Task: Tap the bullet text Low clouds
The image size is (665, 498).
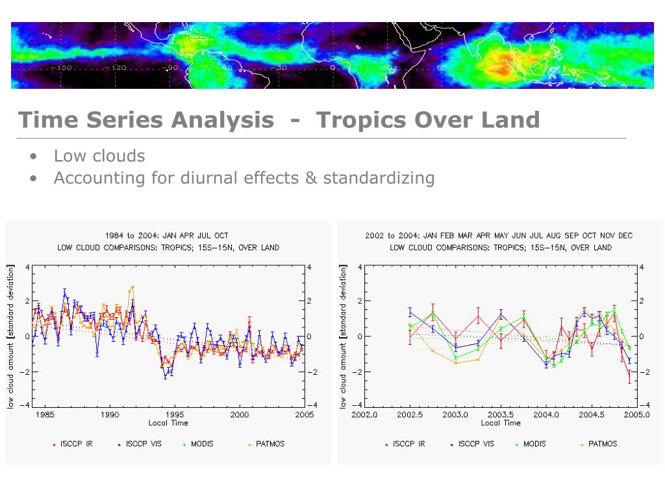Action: point(99,156)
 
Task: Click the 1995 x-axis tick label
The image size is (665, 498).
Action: point(175,414)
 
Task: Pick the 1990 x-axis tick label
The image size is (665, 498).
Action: point(110,414)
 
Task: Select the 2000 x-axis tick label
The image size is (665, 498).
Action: point(240,414)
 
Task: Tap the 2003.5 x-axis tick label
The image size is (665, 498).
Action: point(501,414)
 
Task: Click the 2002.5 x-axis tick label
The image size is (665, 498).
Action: point(410,414)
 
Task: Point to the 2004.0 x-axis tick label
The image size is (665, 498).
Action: point(546,414)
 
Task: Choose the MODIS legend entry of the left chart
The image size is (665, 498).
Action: point(199,444)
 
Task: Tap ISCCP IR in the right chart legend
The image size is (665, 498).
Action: point(408,444)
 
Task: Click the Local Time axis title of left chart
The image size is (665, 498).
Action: point(168,423)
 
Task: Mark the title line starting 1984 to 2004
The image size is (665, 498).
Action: point(166,235)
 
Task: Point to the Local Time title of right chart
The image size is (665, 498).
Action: point(501,423)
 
